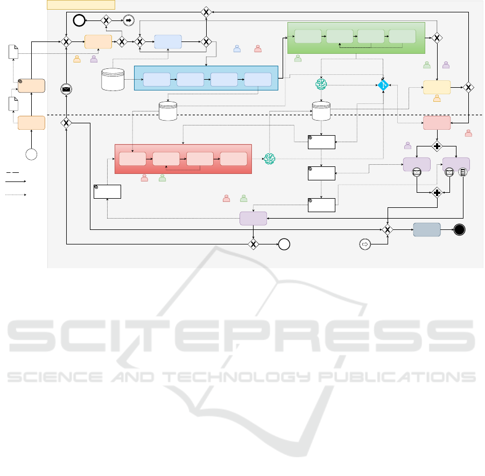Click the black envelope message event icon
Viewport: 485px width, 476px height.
point(66,89)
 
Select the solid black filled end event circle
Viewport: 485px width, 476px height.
point(459,230)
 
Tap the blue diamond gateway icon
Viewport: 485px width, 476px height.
point(383,85)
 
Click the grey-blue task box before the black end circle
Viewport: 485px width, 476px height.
point(427,230)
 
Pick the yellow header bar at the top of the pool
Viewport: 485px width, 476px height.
point(81,5)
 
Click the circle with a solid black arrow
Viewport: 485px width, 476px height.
point(129,20)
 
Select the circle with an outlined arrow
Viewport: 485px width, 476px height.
point(365,244)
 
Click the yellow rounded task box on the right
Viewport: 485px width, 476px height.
point(437,87)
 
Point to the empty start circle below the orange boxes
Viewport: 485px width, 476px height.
point(32,155)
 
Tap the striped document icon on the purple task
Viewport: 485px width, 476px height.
point(461,172)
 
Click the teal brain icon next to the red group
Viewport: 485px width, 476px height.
point(269,158)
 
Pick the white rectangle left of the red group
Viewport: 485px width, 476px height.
point(107,192)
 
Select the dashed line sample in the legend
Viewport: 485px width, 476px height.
point(13,172)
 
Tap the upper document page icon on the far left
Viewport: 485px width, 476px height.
point(14,52)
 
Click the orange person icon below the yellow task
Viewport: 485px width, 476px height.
point(437,99)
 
